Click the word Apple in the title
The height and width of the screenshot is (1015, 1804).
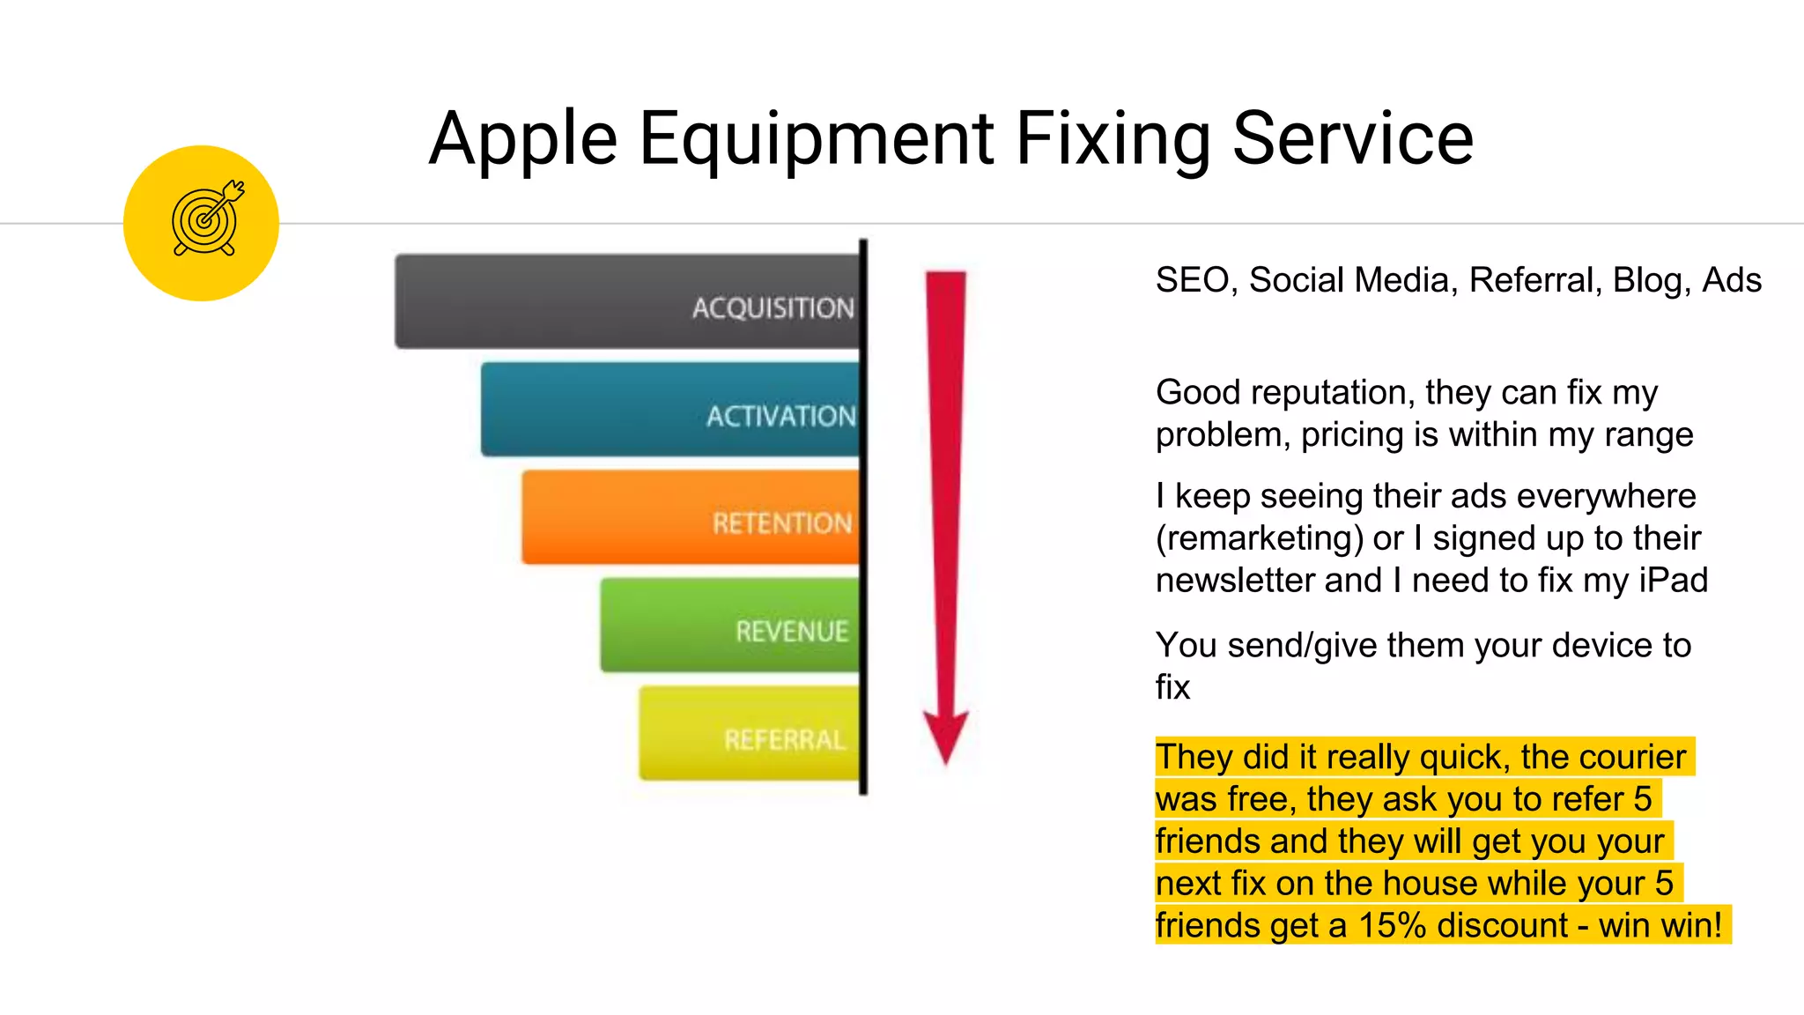523,139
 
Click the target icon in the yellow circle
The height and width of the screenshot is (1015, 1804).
206,220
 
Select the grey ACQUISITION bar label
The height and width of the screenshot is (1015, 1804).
773,307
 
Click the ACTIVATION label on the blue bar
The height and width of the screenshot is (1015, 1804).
780,416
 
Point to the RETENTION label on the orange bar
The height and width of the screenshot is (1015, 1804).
782,523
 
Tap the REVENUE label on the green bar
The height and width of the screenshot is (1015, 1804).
792,631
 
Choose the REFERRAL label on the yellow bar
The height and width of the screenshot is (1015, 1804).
784,739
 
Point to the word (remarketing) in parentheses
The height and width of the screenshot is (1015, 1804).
1259,538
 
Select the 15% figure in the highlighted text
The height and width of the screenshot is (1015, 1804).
1392,925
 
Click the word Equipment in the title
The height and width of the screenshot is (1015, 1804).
817,139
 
